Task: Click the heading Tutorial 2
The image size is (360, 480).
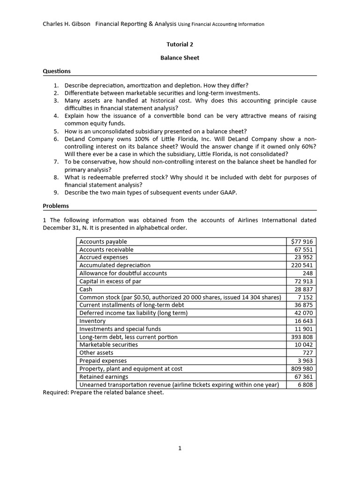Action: [x=180, y=45]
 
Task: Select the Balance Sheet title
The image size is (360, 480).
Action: [x=180, y=58]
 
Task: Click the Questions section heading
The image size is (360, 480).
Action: [x=57, y=71]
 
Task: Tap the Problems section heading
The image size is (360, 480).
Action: [x=56, y=206]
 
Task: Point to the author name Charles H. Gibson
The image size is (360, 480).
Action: [x=67, y=24]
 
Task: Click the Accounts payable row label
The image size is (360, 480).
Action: [x=103, y=241]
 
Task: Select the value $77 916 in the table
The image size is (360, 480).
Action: [x=302, y=241]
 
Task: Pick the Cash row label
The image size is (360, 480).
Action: [x=86, y=289]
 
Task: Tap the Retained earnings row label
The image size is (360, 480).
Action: [x=104, y=377]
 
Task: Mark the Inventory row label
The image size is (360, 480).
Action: [x=92, y=321]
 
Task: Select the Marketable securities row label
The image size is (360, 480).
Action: [x=109, y=345]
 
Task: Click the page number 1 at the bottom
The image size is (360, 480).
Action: [x=180, y=448]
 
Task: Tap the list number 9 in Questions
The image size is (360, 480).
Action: [x=56, y=193]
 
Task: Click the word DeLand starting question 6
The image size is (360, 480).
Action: [x=75, y=139]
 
